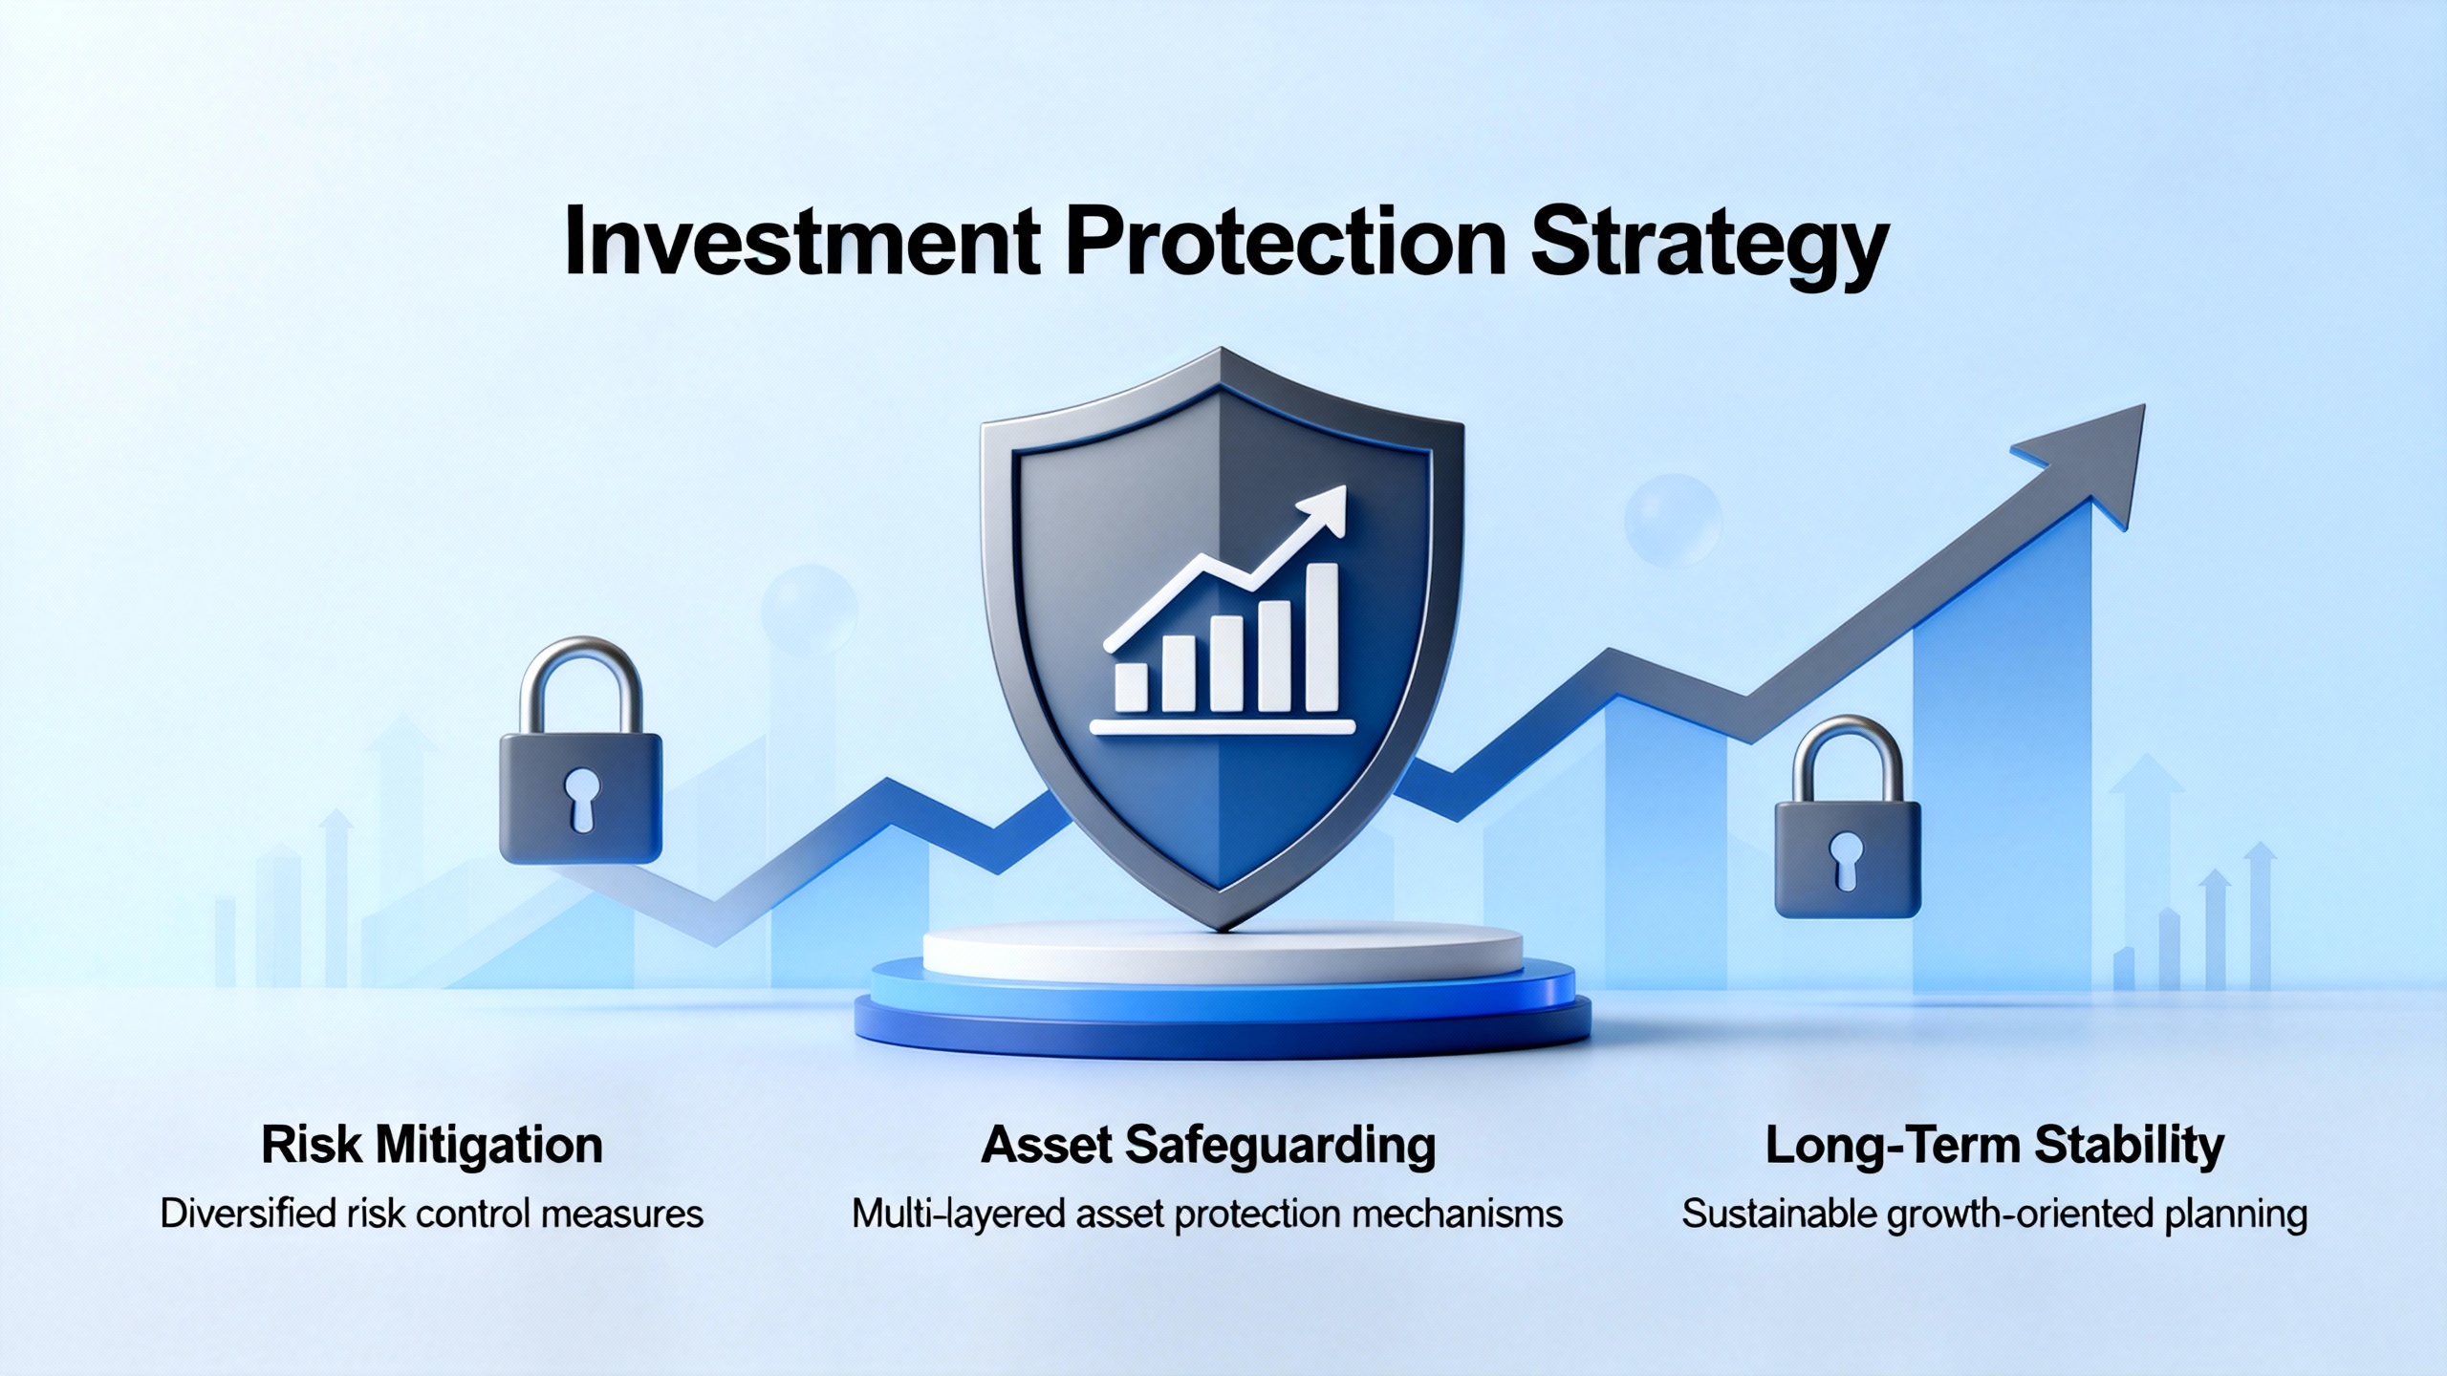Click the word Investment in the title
tap(802, 243)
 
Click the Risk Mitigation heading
tap(432, 1146)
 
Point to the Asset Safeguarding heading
tap(1208, 1146)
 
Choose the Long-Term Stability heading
tap(1995, 1146)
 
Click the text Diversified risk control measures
tap(432, 1215)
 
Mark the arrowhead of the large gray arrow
tap(2093, 459)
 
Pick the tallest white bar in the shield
tap(1322, 637)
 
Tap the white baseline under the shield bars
tap(1223, 727)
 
